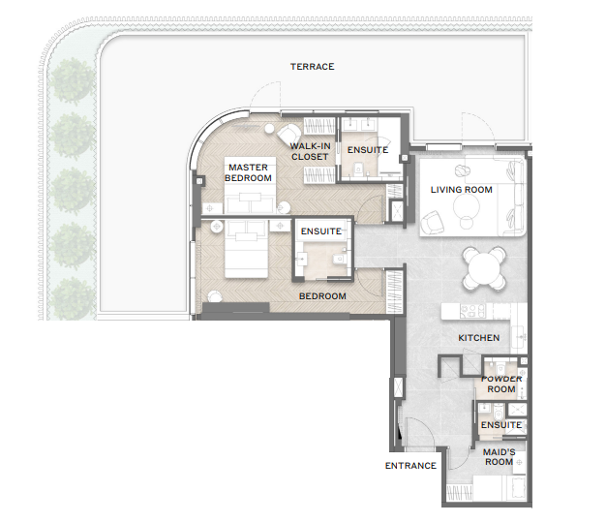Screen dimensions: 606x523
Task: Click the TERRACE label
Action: [x=313, y=67]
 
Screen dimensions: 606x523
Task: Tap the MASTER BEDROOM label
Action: [x=248, y=172]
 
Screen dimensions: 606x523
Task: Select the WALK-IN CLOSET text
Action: [x=310, y=151]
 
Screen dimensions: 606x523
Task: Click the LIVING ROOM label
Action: [x=462, y=190]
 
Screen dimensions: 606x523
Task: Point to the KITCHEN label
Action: [x=479, y=338]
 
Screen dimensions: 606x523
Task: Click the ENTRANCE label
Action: [x=410, y=466]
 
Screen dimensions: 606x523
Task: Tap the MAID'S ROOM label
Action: [x=499, y=457]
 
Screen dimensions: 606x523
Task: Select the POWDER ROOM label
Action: [x=501, y=384]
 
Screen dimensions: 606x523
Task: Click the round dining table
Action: [x=485, y=268]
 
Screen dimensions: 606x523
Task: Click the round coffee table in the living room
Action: [x=467, y=207]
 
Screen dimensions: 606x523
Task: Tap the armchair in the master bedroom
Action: [x=289, y=135]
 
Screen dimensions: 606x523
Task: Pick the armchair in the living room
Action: [x=433, y=222]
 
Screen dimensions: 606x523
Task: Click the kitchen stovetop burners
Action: [x=472, y=311]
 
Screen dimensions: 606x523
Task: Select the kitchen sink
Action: [x=519, y=337]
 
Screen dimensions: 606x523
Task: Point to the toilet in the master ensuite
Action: [x=358, y=169]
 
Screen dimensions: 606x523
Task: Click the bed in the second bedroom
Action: [x=246, y=249]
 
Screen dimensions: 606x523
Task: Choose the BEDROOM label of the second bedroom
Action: [x=322, y=296]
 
